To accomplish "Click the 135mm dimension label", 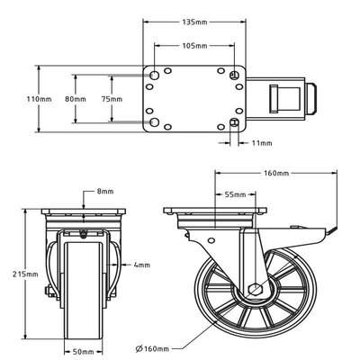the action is pyautogui.click(x=194, y=22).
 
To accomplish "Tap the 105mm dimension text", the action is pyautogui.click(x=194, y=46).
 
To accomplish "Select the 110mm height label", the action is pyautogui.click(x=39, y=99).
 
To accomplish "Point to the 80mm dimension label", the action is pyautogui.click(x=76, y=99).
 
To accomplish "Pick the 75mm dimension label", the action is pyautogui.click(x=112, y=99).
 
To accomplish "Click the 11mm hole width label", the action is pyautogui.click(x=262, y=143).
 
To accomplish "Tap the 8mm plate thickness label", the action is pyautogui.click(x=105, y=191).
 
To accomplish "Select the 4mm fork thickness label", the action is pyautogui.click(x=141, y=265).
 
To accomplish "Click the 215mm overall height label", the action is pyautogui.click(x=25, y=274).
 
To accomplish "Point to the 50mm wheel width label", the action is pyautogui.click(x=84, y=351).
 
